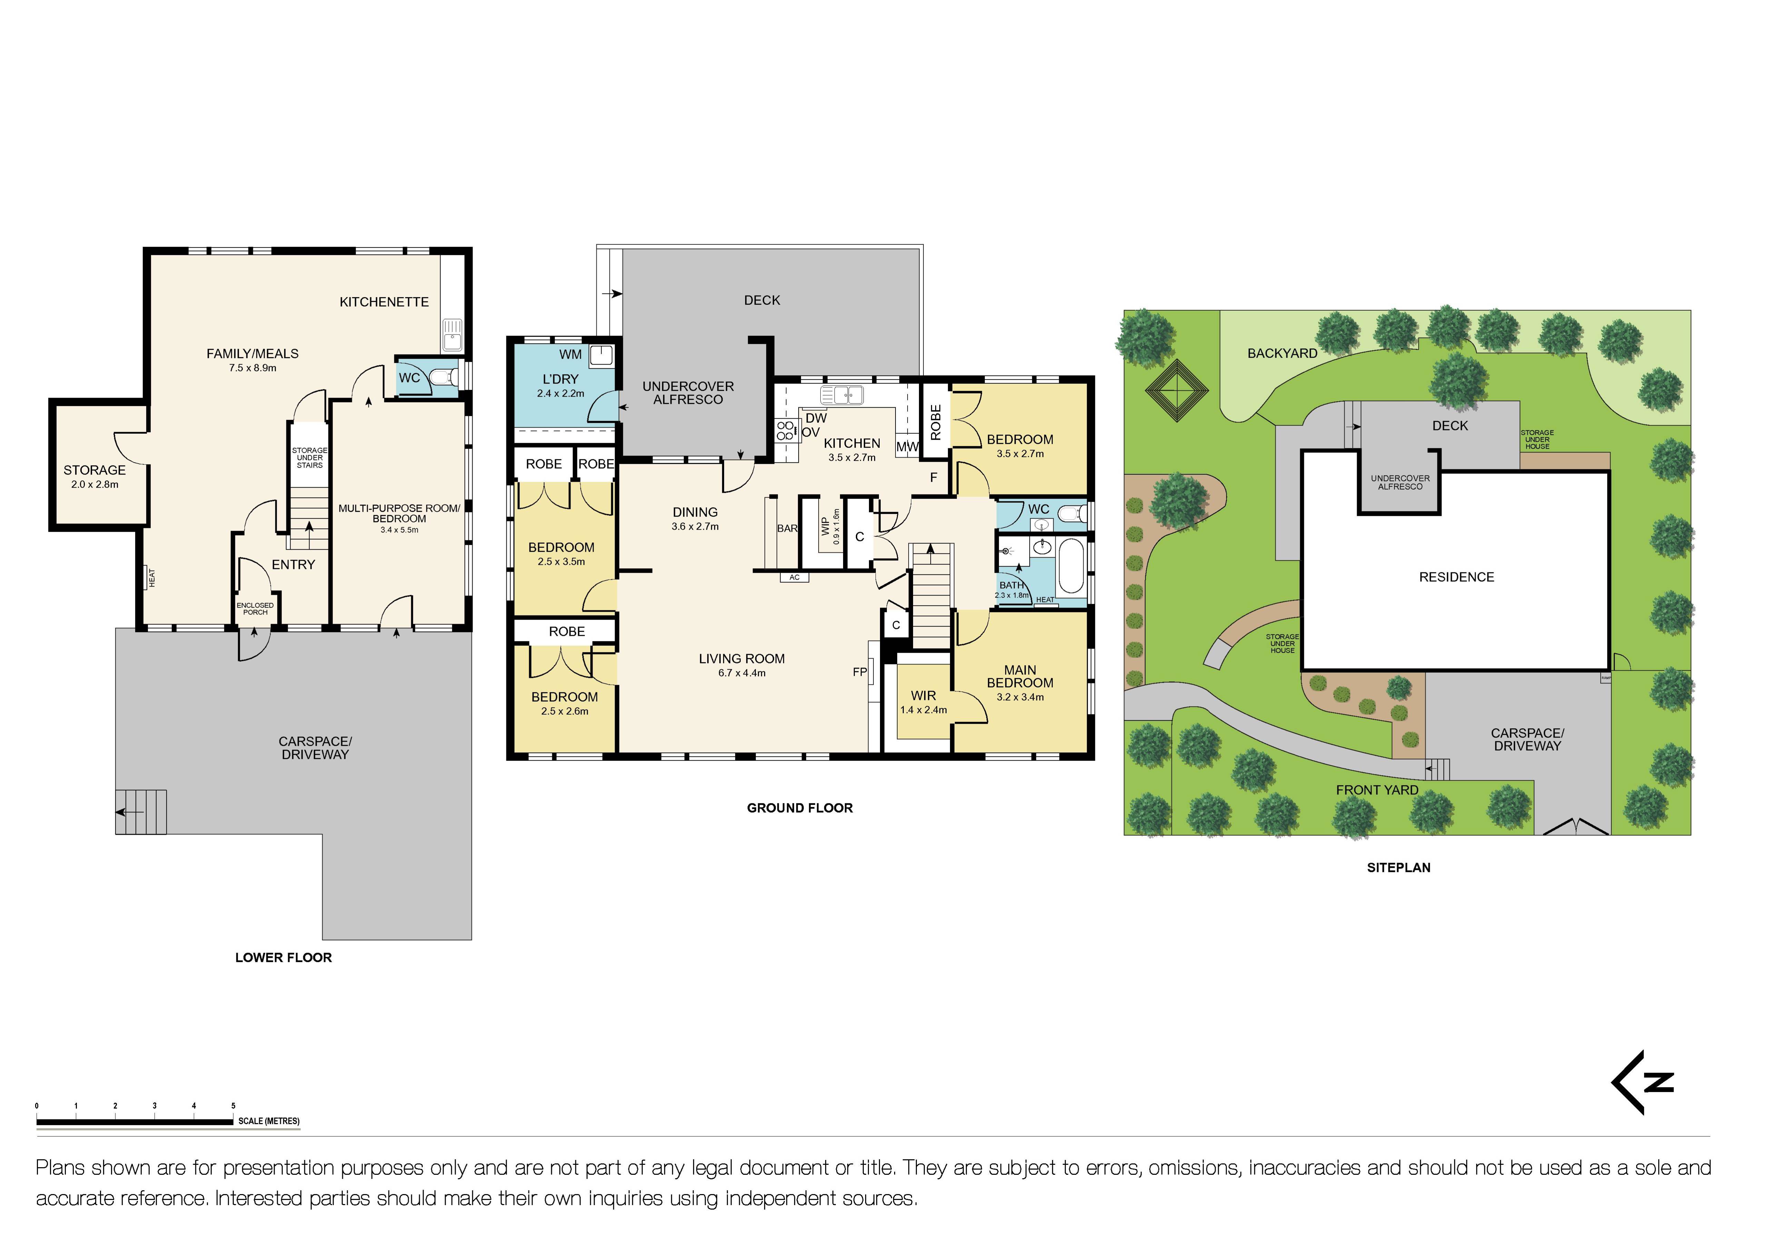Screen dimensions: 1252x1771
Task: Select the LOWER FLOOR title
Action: point(283,958)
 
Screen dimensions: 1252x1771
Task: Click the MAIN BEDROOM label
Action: point(1020,677)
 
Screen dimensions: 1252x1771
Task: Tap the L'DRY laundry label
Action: point(560,379)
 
